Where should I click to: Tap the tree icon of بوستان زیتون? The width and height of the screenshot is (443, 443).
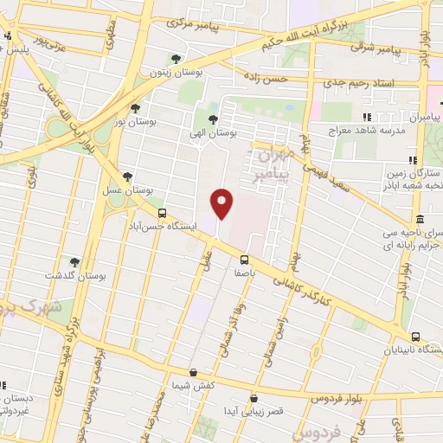coord(177,59)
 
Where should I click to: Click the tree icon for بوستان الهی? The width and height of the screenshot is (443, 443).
coord(213,120)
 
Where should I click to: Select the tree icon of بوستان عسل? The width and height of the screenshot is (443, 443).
coord(128,176)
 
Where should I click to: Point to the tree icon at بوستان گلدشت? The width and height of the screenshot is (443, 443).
coord(74,261)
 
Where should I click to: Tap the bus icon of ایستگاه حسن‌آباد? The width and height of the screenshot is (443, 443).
coord(161,212)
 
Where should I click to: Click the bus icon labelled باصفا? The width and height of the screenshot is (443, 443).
coord(244,258)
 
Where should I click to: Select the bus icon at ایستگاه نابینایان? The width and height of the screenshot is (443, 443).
coord(415,337)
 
